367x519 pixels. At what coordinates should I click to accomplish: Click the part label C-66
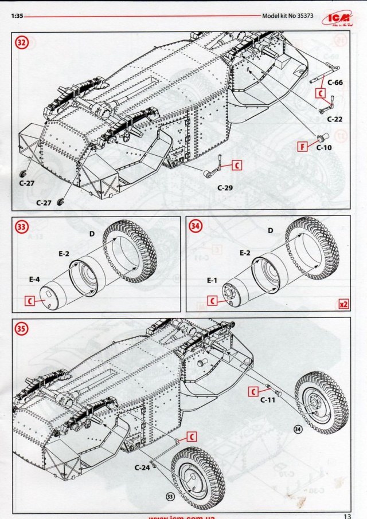click(x=335, y=82)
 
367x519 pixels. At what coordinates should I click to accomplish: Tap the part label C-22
click(x=335, y=119)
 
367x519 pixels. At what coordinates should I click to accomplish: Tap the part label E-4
click(x=34, y=281)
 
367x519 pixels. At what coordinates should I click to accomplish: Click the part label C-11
click(x=268, y=400)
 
